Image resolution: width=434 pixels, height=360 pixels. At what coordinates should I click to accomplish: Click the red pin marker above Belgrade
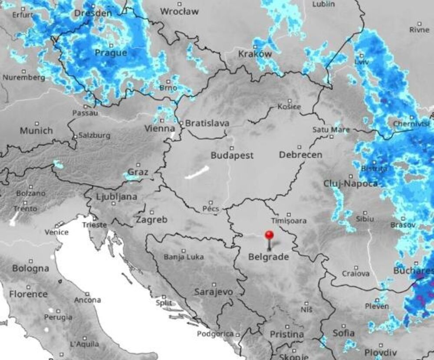point(269,235)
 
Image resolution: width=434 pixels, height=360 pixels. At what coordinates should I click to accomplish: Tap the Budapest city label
point(232,156)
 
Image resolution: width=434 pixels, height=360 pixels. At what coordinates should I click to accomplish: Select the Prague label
point(111,53)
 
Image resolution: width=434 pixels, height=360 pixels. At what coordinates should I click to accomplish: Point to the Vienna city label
point(159,128)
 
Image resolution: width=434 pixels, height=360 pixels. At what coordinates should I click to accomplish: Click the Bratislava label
point(207,123)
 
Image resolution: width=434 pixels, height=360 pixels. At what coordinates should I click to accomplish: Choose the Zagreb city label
point(151,219)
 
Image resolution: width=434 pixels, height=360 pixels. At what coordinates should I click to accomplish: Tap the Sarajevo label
point(214,291)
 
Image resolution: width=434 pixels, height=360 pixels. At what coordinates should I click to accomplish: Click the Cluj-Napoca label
point(350,183)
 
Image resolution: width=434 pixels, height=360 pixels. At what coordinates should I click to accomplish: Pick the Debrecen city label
point(300,155)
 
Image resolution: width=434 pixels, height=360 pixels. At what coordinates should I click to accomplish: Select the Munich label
point(36,131)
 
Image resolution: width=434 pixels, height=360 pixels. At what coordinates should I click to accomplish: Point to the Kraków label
point(255,54)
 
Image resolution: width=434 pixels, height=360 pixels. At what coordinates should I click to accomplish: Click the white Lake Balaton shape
point(197,172)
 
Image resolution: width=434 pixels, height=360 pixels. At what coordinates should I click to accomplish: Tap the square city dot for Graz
point(138,165)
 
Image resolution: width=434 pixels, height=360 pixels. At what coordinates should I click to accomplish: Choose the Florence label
point(28,294)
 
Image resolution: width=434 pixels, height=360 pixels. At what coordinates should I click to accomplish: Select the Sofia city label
point(344,334)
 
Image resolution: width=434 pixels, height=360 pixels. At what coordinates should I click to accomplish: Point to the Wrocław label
point(179,12)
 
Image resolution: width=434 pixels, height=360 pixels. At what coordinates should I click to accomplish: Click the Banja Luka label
point(184,257)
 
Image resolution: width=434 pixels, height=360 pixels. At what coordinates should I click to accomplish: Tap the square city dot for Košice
point(289,100)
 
